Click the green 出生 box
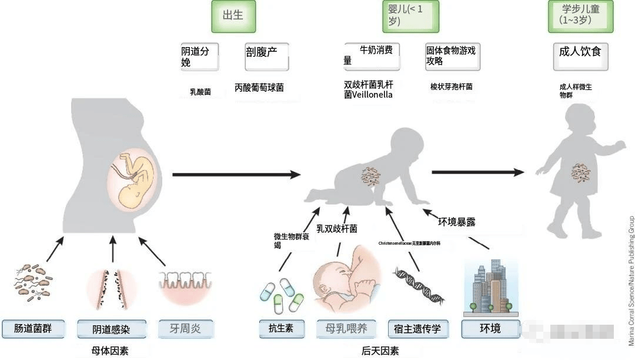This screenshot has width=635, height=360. point(233,16)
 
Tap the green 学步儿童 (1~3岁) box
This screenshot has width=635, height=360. point(580,16)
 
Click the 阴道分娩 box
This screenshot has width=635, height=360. point(199,57)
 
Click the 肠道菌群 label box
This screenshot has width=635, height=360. point(33,328)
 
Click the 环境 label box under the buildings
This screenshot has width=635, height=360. point(490,328)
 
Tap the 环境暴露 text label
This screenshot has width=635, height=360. point(457,222)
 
